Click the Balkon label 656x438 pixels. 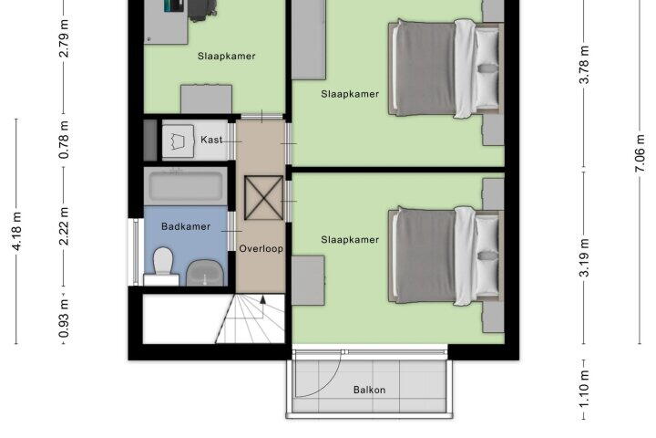pos(369,390)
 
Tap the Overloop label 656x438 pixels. pos(261,248)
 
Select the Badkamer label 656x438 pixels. pos(186,226)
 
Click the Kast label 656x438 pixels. pos(211,140)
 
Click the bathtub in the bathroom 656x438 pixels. pos(185,186)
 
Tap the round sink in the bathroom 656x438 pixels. pos(205,273)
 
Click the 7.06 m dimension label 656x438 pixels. pos(641,153)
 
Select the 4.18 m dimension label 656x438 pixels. pos(16,231)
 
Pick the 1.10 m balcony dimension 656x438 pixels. pos(584,389)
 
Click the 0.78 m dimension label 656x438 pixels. pos(64,140)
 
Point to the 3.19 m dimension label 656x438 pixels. pos(584,257)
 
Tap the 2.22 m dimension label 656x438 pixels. pos(64,226)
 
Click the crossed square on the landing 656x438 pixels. pos(263,197)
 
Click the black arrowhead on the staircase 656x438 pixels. pos(262,299)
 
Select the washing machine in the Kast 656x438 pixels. pos(179,141)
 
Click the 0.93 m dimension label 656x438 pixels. pos(64,318)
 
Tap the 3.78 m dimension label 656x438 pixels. pos(584,65)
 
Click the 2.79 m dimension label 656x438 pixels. pos(64,38)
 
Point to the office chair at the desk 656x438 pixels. pos(202,10)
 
